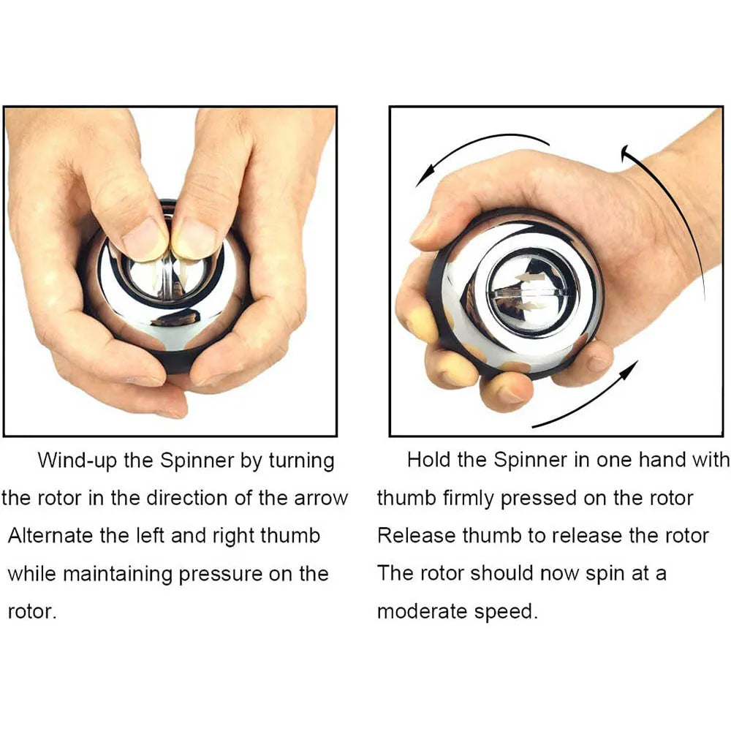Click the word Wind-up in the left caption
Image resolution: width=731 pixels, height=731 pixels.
[72, 461]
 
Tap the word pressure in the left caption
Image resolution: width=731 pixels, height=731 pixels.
[221, 574]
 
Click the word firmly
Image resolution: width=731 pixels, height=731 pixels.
[469, 499]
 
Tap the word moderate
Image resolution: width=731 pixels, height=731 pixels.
[424, 611]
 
